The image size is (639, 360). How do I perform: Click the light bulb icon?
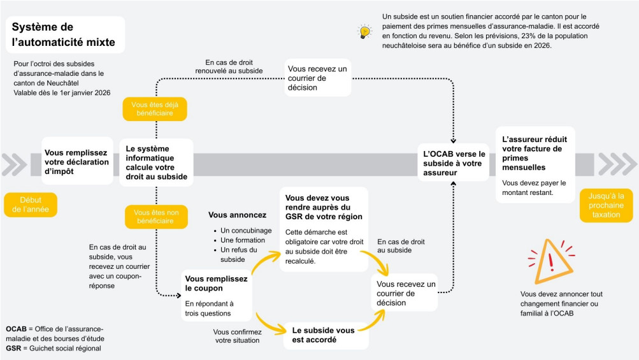364,31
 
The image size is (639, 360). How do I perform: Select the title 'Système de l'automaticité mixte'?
64,35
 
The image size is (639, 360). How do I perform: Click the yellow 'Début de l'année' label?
30,205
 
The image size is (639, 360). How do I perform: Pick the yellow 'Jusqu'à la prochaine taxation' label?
605,205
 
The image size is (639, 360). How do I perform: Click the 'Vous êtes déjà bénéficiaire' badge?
155,110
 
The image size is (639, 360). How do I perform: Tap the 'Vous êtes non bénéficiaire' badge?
155,217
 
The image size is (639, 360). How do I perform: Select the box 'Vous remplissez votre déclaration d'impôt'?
76,162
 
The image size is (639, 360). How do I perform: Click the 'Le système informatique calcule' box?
156,162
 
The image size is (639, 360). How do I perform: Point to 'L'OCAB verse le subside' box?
454,163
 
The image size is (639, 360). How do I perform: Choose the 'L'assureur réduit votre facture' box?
535,164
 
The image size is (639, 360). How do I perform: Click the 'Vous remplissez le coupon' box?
217,295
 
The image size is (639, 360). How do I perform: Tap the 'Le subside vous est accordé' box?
325,335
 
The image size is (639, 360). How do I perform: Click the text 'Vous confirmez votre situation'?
236,336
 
